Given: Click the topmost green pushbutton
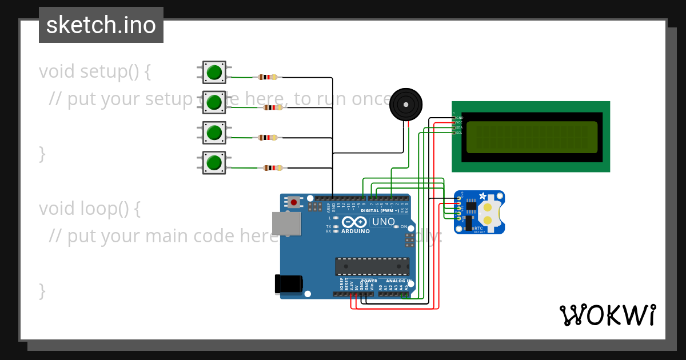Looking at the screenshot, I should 214,73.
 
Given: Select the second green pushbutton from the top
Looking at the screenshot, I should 214,102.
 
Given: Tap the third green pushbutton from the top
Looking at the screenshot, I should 214,133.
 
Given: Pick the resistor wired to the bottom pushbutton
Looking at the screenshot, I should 273,168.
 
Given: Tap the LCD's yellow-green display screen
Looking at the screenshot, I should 532,137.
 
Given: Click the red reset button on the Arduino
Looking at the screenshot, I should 294,202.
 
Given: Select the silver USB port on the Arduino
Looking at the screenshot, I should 286,223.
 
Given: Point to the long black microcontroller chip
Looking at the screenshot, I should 372,267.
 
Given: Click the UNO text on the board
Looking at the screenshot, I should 384,222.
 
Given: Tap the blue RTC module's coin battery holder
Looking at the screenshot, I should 488,212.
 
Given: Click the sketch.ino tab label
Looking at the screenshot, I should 101,25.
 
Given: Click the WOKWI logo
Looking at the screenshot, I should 607,315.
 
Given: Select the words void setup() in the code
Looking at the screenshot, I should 95,71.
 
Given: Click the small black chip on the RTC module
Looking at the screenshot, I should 471,206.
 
